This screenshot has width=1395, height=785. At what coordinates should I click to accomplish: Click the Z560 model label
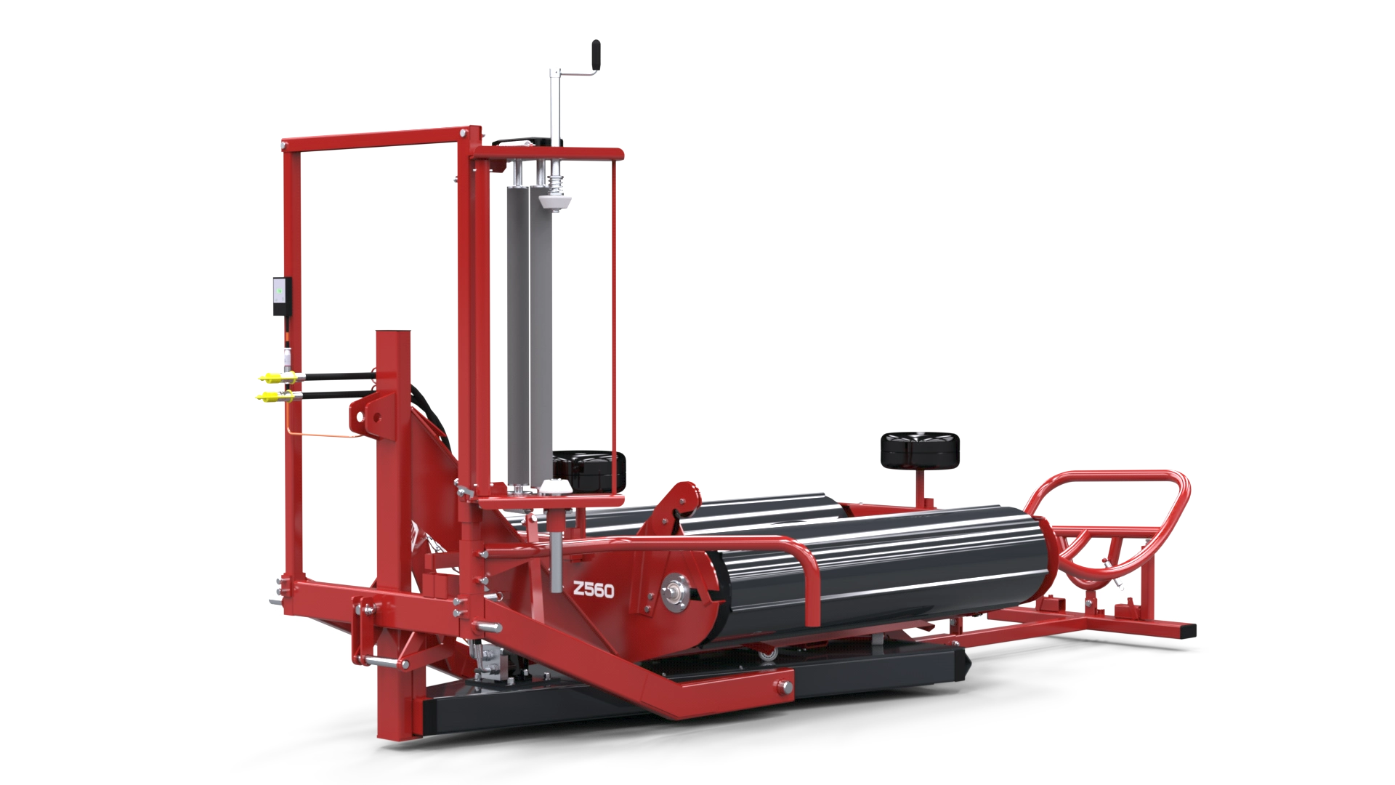(x=593, y=590)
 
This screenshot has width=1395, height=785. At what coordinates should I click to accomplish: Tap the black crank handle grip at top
(x=597, y=54)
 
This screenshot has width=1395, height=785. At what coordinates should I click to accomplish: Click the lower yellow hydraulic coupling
(x=277, y=396)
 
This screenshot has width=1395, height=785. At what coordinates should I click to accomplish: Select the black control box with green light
(x=281, y=295)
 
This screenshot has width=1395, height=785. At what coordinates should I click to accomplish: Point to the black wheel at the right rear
(x=919, y=451)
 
